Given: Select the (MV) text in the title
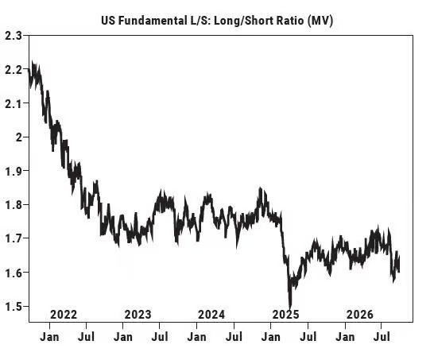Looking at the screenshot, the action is click(x=320, y=21).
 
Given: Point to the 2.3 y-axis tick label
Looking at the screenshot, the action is click(x=14, y=36).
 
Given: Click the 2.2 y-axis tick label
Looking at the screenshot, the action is click(x=14, y=69).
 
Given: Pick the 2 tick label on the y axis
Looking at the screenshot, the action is click(x=19, y=137).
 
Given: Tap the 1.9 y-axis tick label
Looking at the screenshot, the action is click(x=14, y=171).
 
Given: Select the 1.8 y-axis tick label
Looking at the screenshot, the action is click(x=14, y=205).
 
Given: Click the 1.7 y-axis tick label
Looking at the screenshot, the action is click(x=14, y=238).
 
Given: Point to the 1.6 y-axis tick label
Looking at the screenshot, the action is click(x=14, y=273).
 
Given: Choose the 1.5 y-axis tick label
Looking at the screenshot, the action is click(x=14, y=306).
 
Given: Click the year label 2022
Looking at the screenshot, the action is click(x=64, y=315).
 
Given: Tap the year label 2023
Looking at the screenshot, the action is click(x=138, y=315).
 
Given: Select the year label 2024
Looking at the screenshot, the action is click(x=211, y=315).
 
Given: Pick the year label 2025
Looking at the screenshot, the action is click(x=286, y=315).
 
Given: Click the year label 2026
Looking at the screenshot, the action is click(x=360, y=315).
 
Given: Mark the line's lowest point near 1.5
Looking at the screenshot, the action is click(x=290, y=308).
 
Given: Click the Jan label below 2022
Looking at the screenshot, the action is click(x=49, y=337).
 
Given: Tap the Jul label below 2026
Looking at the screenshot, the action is click(x=382, y=337).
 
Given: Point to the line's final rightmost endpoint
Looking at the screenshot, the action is click(x=399, y=271).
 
